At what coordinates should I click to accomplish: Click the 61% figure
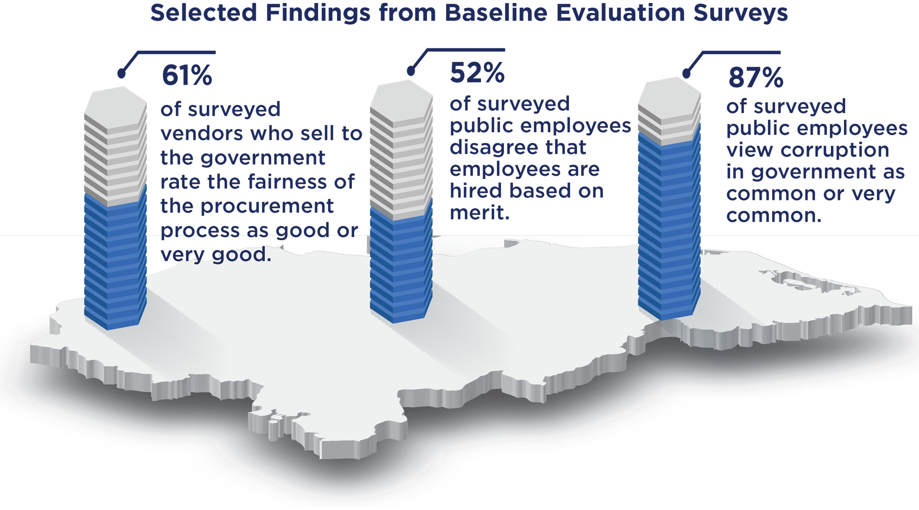[187, 75]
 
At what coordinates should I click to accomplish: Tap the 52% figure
[477, 73]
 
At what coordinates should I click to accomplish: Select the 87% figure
[756, 78]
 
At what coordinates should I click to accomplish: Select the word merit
[480, 213]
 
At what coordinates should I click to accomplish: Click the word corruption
[835, 151]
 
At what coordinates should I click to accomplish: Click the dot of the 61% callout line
[121, 73]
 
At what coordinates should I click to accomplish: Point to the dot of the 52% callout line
[411, 71]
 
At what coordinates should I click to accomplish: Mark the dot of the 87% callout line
[687, 73]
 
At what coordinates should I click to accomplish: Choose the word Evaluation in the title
[620, 13]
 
